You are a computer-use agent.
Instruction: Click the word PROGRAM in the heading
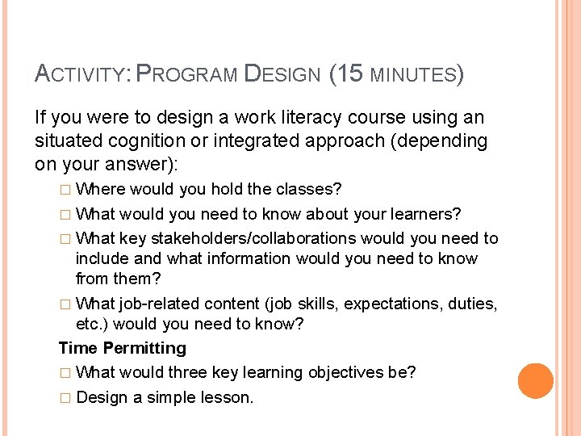(187, 76)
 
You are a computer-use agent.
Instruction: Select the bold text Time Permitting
(122, 348)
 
